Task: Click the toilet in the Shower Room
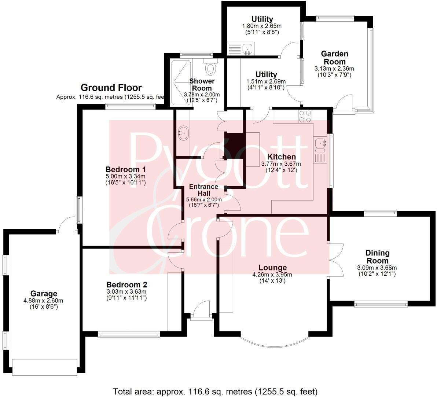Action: [211, 68]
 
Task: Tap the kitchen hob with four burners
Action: [305, 116]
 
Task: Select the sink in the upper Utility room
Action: [248, 48]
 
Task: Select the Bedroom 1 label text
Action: [126, 169]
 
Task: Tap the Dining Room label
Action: [377, 257]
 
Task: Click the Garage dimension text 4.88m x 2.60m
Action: [44, 301]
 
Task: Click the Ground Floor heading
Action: [111, 88]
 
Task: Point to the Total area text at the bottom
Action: [215, 391]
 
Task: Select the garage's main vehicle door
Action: [45, 367]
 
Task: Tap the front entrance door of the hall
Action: [201, 312]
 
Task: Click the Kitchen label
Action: [281, 157]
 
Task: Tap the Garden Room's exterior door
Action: [343, 104]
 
